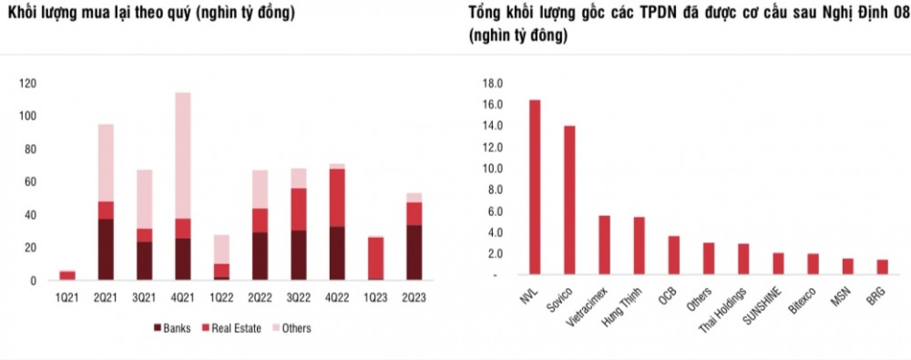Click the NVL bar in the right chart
coord(535,187)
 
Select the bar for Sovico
coord(569,200)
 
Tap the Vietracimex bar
coord(603,244)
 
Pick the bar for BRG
coord(881,267)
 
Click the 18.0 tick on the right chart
coord(493,83)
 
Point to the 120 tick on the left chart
coord(28,84)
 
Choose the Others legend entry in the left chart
coord(291,328)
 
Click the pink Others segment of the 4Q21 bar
coord(183,155)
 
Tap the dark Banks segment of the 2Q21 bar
coord(106,249)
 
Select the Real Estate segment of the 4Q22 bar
coord(337,198)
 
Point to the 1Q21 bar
coord(67,275)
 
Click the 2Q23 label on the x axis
coord(415,297)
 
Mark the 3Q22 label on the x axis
coord(299,297)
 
